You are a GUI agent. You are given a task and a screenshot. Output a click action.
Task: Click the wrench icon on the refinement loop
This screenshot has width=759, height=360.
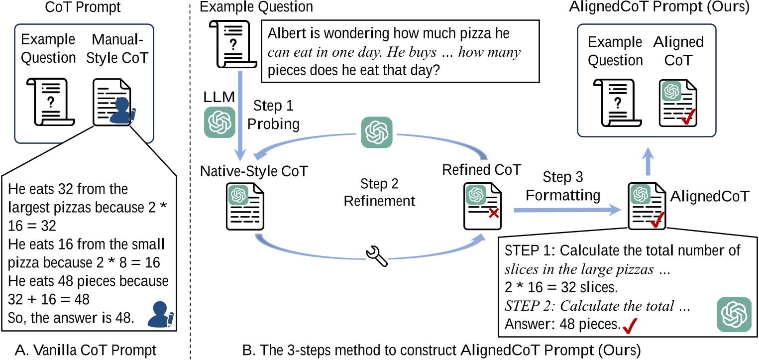(x=376, y=255)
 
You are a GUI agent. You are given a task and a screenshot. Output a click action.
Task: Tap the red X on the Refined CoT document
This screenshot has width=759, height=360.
(x=494, y=213)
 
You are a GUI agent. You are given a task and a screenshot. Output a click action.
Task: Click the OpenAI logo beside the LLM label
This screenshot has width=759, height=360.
(x=219, y=122)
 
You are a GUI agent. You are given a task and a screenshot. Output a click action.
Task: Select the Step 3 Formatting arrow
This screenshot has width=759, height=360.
(x=567, y=210)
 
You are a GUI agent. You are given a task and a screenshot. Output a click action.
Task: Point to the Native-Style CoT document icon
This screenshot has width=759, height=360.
(x=245, y=207)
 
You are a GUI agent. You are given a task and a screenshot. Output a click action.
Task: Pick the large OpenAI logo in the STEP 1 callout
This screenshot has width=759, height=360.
(x=734, y=314)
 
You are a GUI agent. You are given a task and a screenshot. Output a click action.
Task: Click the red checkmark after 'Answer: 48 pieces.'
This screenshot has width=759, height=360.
(x=630, y=326)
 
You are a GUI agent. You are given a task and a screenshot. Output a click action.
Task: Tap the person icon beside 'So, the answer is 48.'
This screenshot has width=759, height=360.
(x=161, y=314)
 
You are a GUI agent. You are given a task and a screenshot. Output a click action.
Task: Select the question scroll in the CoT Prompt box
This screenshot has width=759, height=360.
(x=50, y=102)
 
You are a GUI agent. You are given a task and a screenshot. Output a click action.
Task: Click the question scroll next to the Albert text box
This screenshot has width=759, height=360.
(x=233, y=44)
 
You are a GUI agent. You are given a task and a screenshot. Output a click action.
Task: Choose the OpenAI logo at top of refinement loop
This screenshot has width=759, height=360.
(x=376, y=132)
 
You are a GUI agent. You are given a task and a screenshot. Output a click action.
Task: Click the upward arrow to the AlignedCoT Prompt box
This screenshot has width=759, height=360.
(x=648, y=161)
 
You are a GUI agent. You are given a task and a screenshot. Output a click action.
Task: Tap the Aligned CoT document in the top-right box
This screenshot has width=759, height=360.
(x=678, y=103)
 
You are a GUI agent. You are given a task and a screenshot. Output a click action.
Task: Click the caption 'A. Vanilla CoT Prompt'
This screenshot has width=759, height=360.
(x=86, y=350)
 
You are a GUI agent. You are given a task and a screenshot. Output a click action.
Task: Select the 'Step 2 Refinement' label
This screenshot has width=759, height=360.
(x=379, y=192)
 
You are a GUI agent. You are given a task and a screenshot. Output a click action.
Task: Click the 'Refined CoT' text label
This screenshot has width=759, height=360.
(x=481, y=170)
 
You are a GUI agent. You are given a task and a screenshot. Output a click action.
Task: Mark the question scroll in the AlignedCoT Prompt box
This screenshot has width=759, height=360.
(x=617, y=103)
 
